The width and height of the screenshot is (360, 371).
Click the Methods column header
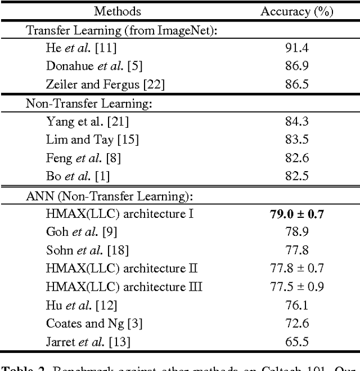point(117,11)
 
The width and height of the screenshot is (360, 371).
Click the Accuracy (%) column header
point(296,11)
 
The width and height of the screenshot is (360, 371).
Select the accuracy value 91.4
point(296,48)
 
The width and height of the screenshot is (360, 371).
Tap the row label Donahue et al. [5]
point(94,66)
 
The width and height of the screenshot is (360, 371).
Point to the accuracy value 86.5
point(296,85)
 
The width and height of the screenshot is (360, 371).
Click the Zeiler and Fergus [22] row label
point(105,85)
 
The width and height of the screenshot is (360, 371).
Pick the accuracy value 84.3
point(296,121)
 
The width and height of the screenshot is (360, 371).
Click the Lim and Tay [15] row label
point(92,140)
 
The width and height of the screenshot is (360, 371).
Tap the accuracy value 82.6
point(296,158)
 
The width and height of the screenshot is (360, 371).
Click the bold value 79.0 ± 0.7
point(296,213)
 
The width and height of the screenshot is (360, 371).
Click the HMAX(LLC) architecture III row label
point(124,287)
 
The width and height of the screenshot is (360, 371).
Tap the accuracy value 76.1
point(296,305)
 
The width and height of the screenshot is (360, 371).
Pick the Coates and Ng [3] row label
point(94,323)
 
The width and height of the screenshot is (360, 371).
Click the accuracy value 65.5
point(296,342)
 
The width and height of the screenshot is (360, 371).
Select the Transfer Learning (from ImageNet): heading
point(122,30)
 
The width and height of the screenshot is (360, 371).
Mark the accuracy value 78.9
point(296,231)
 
